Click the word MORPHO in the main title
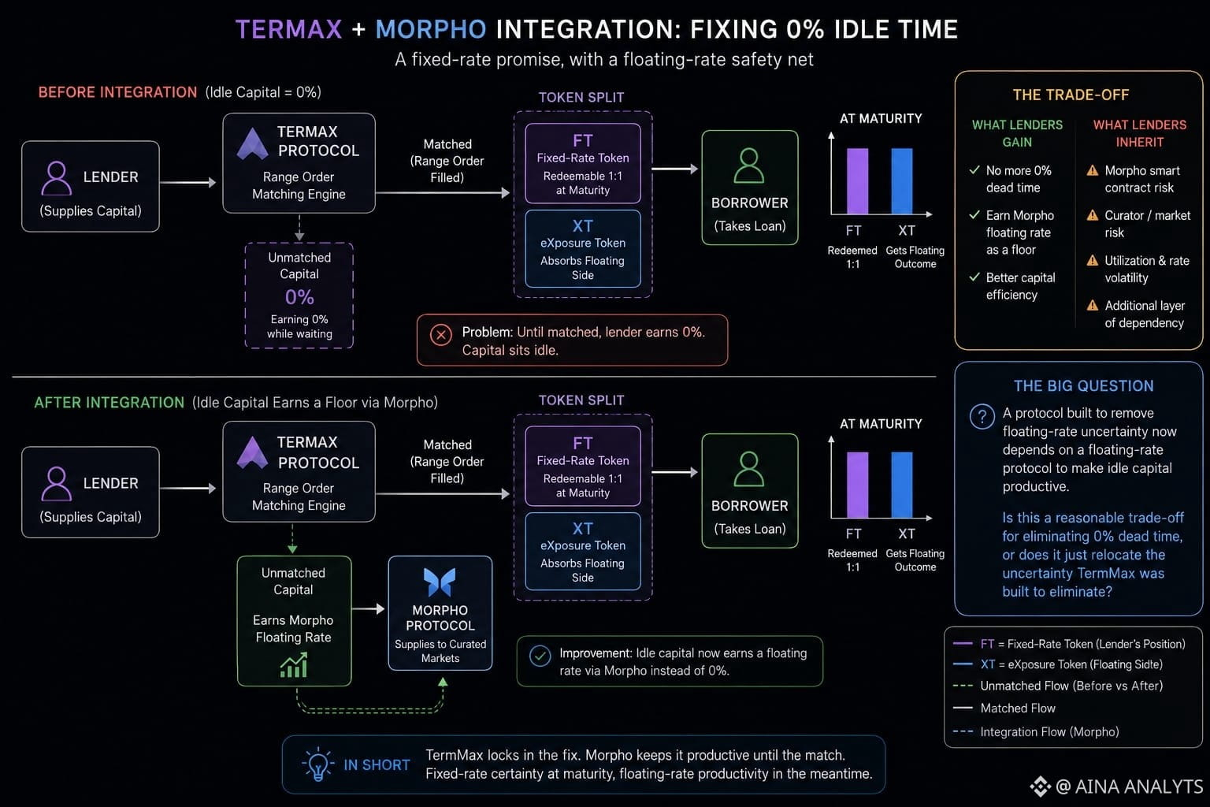(x=431, y=29)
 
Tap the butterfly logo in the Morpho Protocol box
(x=440, y=582)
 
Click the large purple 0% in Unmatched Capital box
(x=299, y=297)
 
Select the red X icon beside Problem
(x=441, y=335)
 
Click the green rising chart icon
(x=294, y=665)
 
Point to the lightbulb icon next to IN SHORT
(x=317, y=764)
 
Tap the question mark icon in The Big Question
(x=982, y=417)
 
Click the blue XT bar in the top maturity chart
(x=901, y=180)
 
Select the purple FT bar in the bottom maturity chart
(x=857, y=485)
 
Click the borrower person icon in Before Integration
(x=748, y=165)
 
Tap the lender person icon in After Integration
(x=56, y=483)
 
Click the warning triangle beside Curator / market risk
(x=1093, y=215)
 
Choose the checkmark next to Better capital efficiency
(x=974, y=277)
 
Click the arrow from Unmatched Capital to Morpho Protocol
(x=368, y=609)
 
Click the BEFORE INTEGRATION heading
(x=117, y=92)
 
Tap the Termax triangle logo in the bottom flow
(x=252, y=452)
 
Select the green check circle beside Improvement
(x=540, y=656)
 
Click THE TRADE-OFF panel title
(x=1071, y=95)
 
